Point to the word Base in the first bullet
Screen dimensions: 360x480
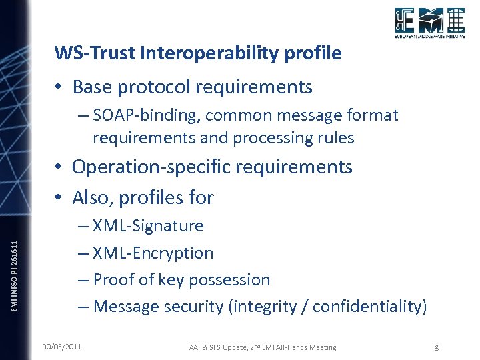pos(91,87)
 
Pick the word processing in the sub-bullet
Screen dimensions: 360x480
pos(265,138)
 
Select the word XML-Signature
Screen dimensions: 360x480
pos(148,226)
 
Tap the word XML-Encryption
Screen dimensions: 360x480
pos(153,253)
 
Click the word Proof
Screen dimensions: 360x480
pos(114,280)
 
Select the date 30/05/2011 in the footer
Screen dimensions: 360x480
pos(61,347)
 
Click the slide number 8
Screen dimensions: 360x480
pos(436,347)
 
